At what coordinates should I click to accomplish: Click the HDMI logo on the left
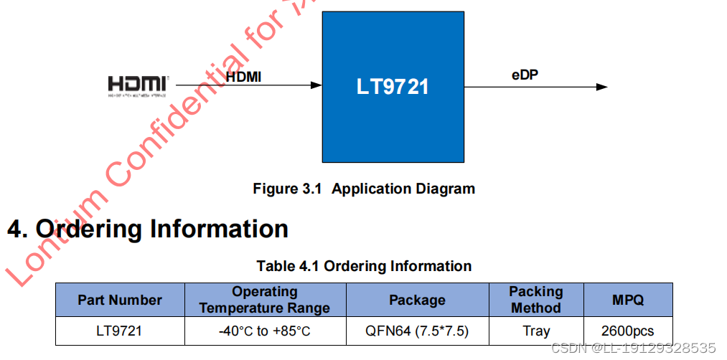[139, 85]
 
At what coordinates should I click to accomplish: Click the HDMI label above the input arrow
[243, 75]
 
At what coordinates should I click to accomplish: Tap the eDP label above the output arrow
[525, 75]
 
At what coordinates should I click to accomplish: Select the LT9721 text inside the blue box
[393, 87]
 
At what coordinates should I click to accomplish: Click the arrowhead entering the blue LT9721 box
[316, 85]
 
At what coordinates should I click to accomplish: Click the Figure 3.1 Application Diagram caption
[364, 189]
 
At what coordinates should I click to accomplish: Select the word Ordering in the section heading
[89, 229]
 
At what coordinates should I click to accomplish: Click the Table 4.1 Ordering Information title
[364, 266]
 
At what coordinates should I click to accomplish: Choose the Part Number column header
[120, 300]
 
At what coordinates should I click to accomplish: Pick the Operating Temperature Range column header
[265, 300]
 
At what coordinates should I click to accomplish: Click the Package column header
[417, 300]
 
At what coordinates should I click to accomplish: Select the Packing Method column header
[536, 300]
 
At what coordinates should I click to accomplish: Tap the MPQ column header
[628, 300]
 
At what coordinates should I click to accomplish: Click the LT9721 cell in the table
[120, 331]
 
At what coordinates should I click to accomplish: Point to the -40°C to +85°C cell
[265, 331]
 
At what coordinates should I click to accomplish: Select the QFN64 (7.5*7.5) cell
[417, 331]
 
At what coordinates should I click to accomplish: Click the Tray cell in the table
[536, 331]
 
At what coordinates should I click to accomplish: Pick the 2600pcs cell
[628, 331]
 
